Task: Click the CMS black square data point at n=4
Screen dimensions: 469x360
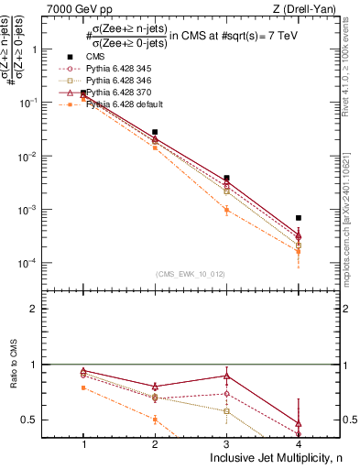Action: click(x=299, y=218)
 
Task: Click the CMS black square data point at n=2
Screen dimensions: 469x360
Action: click(x=155, y=132)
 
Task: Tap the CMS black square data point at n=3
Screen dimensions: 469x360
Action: click(x=227, y=178)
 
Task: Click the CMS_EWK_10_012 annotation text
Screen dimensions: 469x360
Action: click(x=191, y=274)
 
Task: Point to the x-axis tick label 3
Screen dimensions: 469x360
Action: click(x=227, y=444)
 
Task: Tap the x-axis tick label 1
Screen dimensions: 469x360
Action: click(x=83, y=444)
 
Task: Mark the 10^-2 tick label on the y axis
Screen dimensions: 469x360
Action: click(x=44, y=157)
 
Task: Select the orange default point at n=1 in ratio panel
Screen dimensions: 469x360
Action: click(x=83, y=387)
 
